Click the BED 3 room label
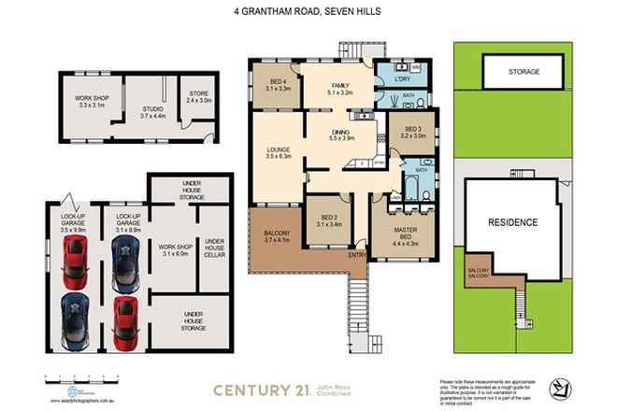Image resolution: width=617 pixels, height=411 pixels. [x=412, y=131]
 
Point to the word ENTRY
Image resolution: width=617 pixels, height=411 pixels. [x=357, y=254]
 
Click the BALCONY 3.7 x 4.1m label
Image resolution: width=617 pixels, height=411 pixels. [x=278, y=236]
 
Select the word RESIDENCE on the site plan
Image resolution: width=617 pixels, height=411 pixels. [x=513, y=222]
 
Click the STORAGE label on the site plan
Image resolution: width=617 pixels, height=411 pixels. [x=524, y=70]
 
